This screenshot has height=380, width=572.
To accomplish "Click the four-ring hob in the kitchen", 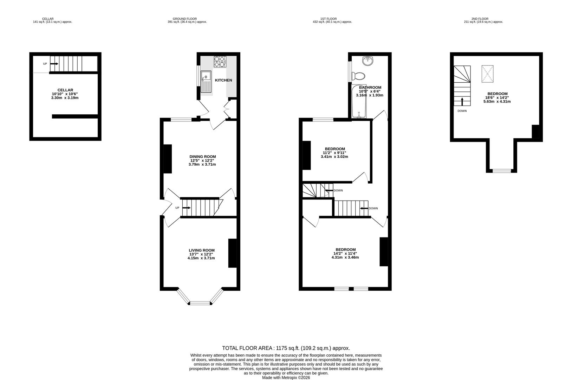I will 220,62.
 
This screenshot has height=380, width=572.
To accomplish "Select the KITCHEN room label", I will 223,80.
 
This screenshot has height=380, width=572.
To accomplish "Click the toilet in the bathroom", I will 359,75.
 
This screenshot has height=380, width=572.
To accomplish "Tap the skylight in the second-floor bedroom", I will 487,74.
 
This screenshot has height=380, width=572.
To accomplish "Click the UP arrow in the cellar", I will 54,64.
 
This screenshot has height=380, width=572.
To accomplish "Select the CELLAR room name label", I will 65,90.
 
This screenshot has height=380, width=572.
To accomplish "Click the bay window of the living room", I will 200,302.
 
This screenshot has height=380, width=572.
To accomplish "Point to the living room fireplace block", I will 232,253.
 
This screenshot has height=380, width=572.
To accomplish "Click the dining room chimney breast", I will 168,159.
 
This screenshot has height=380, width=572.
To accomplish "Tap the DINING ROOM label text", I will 203,157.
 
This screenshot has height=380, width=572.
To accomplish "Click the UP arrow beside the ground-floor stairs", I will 186,208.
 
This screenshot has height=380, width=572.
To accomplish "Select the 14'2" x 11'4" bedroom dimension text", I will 345,253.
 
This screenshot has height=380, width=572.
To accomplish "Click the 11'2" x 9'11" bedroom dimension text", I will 334,153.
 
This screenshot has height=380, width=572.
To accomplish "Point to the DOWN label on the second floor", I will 462,111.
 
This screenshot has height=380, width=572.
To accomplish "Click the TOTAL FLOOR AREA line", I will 286,348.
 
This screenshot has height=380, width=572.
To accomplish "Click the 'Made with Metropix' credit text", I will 286,378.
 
